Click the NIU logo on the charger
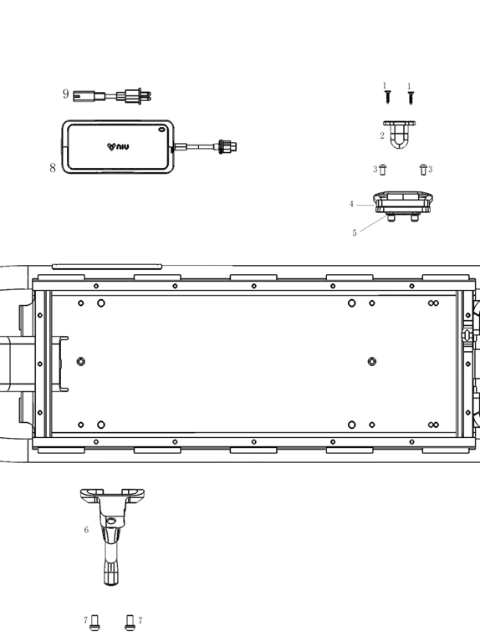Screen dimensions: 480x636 point(118,146)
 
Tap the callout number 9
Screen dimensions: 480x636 point(66,94)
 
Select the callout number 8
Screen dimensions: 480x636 point(53,167)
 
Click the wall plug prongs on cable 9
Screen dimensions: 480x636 point(146,97)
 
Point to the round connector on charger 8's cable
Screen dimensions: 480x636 point(227,146)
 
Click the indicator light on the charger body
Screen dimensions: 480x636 point(161,130)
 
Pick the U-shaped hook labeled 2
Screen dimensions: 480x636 point(399,135)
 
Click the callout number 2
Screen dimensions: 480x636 point(382,135)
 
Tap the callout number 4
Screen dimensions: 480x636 point(351,204)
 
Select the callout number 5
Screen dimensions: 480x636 point(355,233)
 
